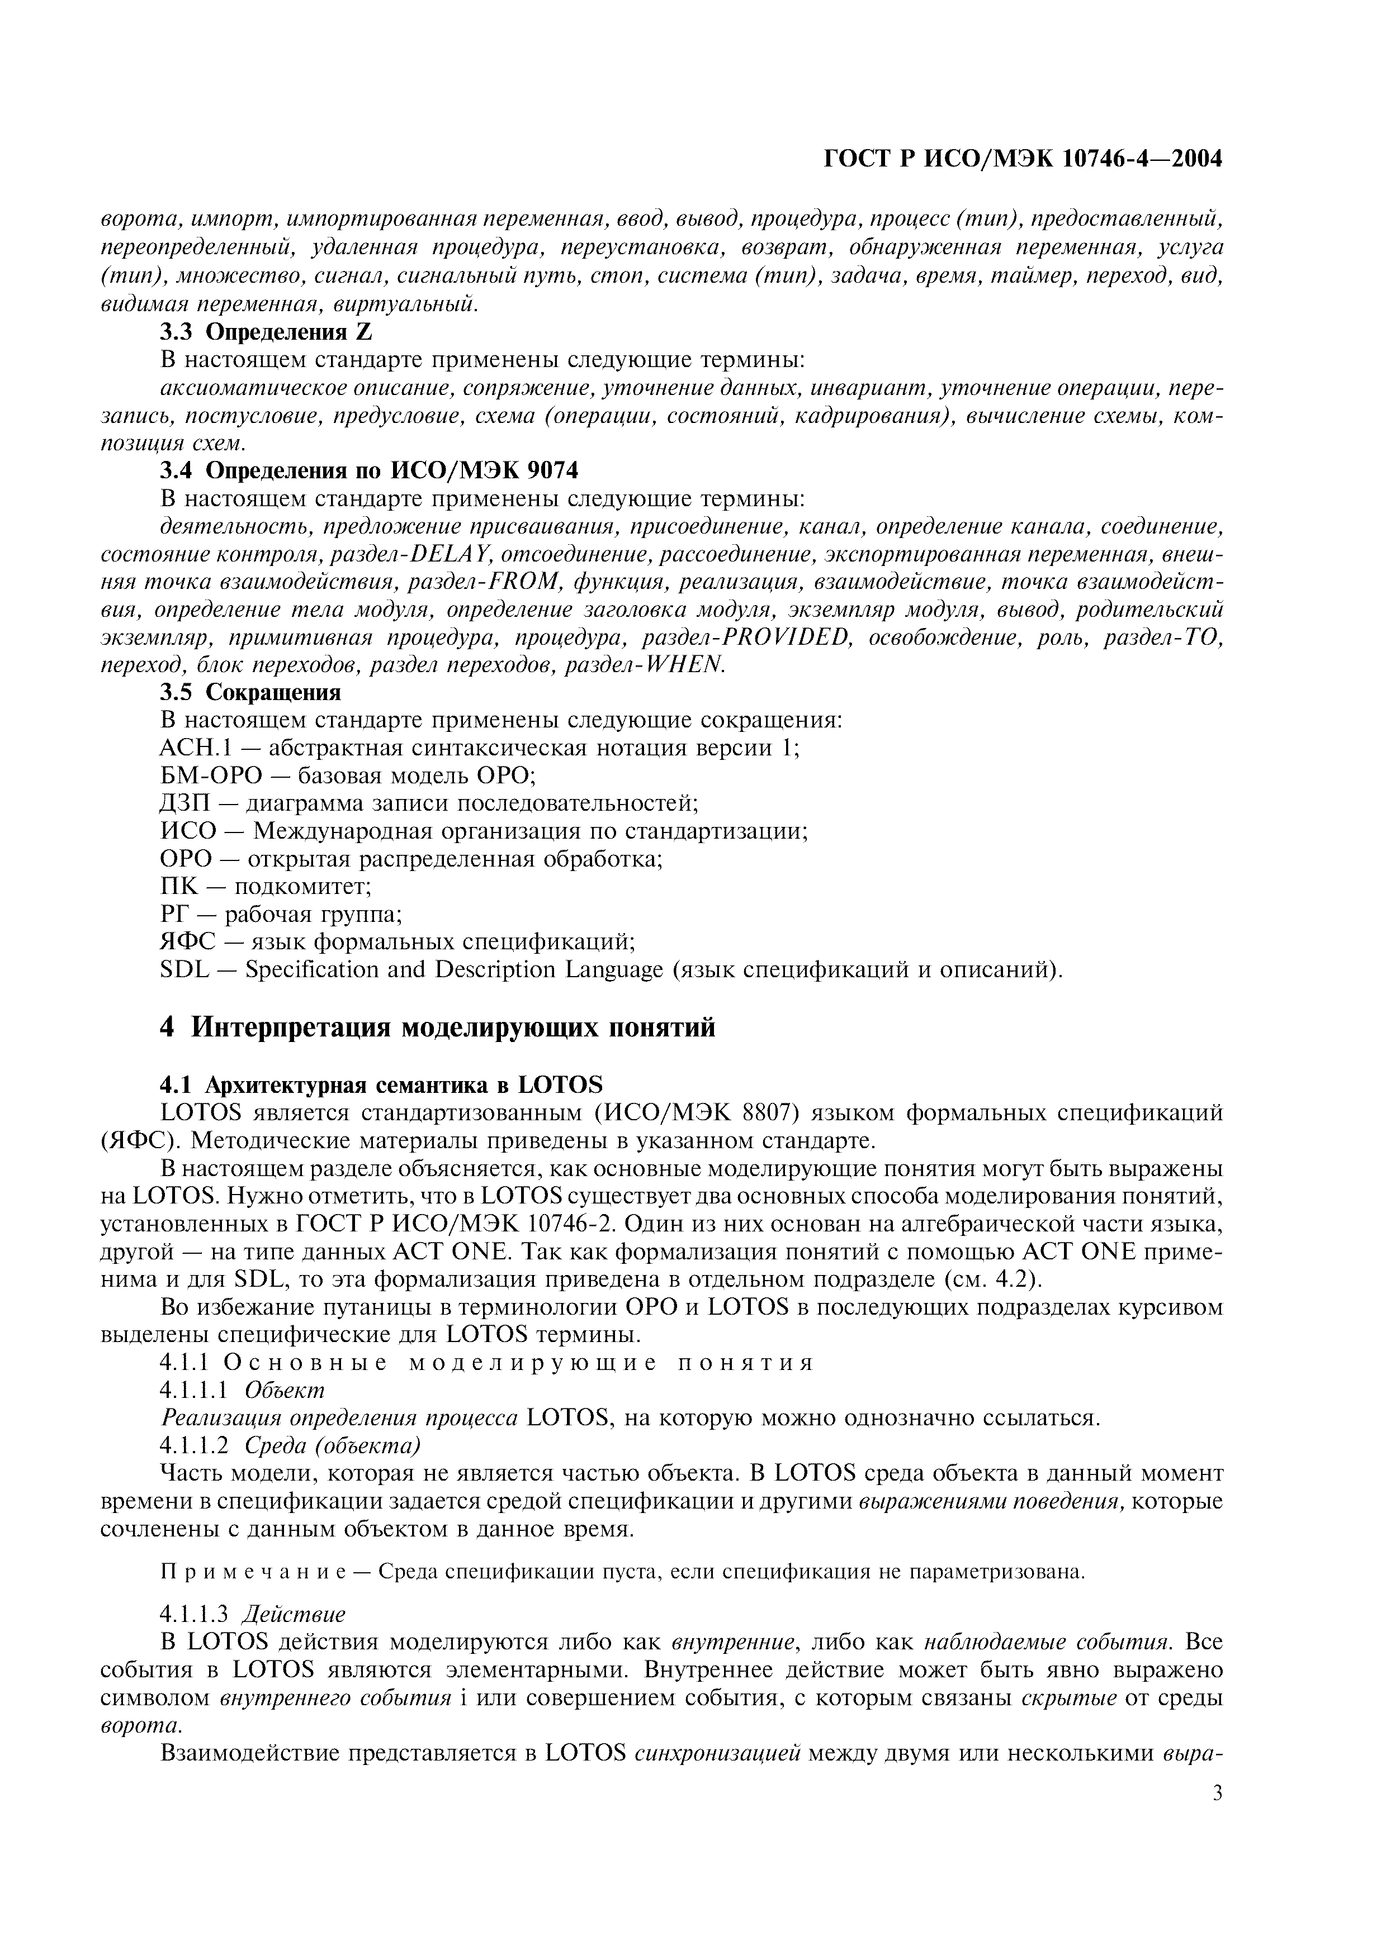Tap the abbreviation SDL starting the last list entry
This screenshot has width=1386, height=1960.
tap(185, 970)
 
